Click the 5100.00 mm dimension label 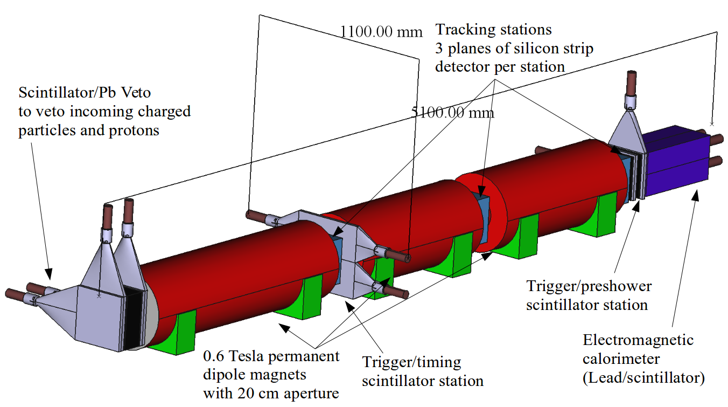coord(452,113)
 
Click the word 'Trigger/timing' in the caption coord(412,362)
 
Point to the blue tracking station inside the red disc coord(484,218)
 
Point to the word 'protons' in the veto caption coord(135,130)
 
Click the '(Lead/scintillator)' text coord(643,378)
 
